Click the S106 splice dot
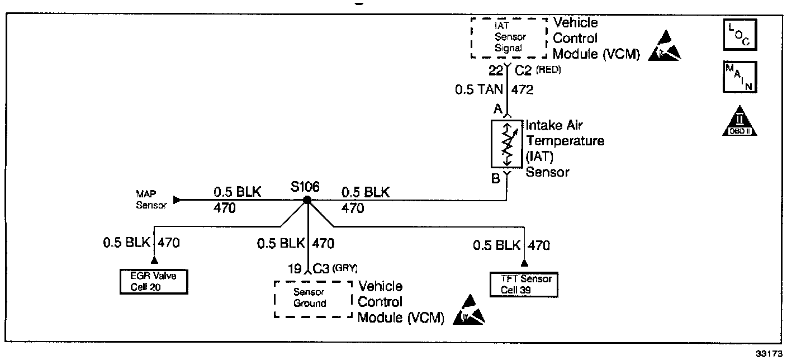[x=307, y=200]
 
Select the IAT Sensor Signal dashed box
[x=509, y=38]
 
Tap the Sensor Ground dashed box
[x=312, y=299]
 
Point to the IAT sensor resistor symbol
[x=506, y=144]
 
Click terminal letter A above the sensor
[x=496, y=110]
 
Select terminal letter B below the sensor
[x=496, y=179]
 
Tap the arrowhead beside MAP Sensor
[x=177, y=200]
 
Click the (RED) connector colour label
[x=549, y=71]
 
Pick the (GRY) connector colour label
[x=345, y=268]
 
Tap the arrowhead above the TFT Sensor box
[x=524, y=263]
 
